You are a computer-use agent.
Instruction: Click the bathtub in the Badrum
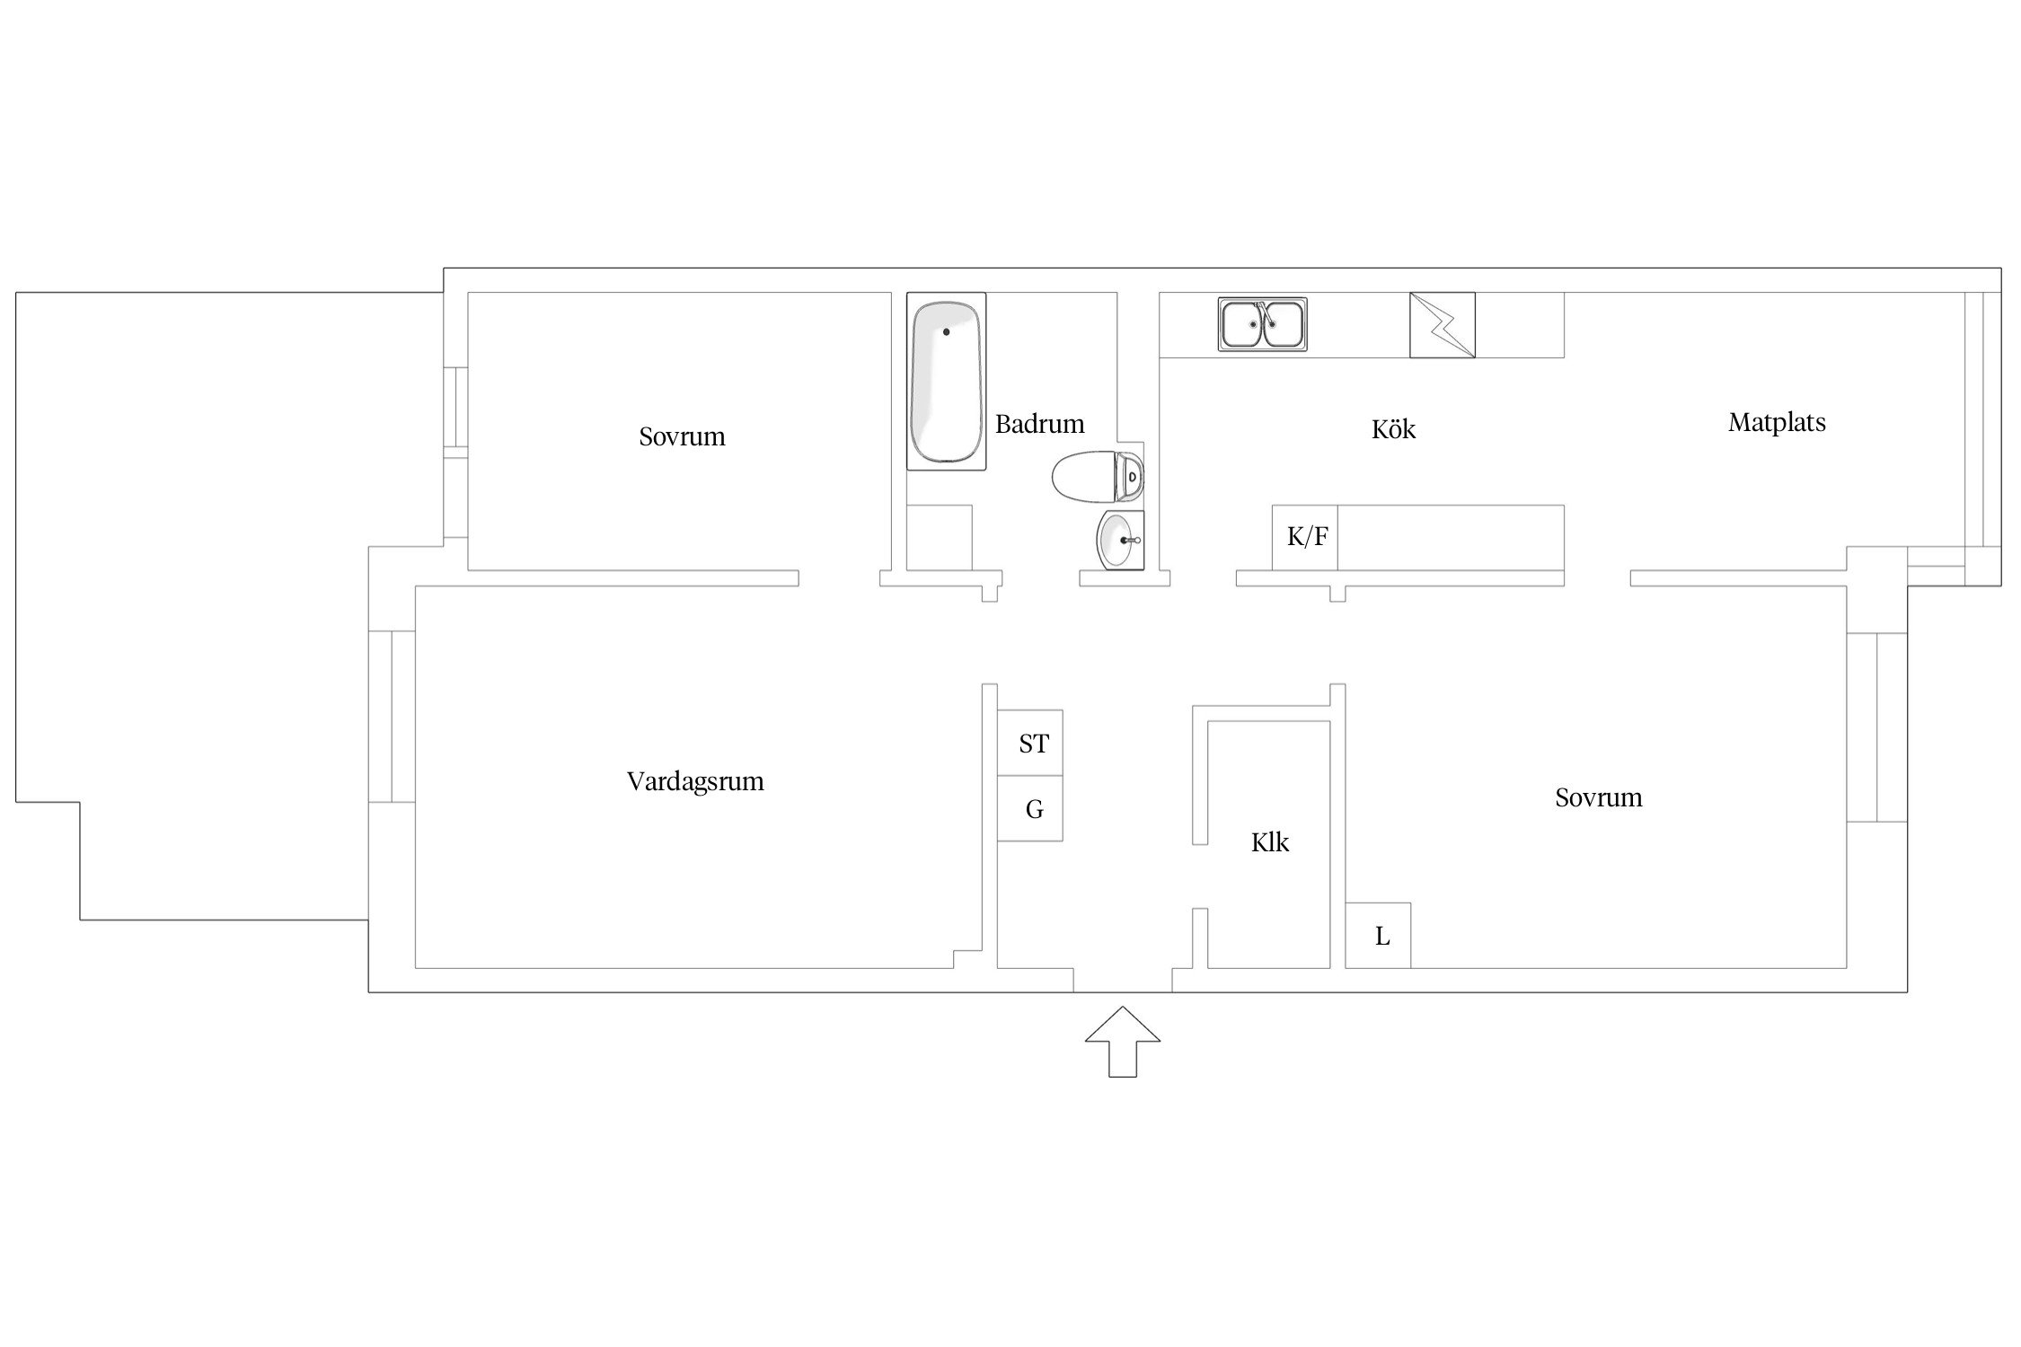[x=946, y=381]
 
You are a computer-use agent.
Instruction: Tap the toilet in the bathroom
[x=1098, y=477]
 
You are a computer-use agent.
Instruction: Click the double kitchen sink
[x=1263, y=324]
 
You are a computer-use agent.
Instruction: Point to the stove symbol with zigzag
[x=1443, y=325]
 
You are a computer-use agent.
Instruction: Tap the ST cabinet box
[x=1030, y=743]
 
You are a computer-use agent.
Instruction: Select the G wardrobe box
[x=1030, y=808]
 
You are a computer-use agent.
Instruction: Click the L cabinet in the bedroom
[x=1378, y=936]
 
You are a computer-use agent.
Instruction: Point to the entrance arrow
[x=1123, y=1041]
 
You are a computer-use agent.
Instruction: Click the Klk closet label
[x=1270, y=842]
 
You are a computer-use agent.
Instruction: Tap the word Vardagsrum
[x=695, y=781]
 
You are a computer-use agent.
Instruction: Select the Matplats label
[x=1777, y=422]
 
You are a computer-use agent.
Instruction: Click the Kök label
[x=1393, y=428]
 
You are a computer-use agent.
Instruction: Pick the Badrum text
[x=1040, y=423]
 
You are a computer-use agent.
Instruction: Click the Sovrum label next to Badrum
[x=682, y=436]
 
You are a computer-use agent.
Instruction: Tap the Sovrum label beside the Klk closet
[x=1599, y=797]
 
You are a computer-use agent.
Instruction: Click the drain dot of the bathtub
[x=946, y=332]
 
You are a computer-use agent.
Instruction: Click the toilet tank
[x=1129, y=477]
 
